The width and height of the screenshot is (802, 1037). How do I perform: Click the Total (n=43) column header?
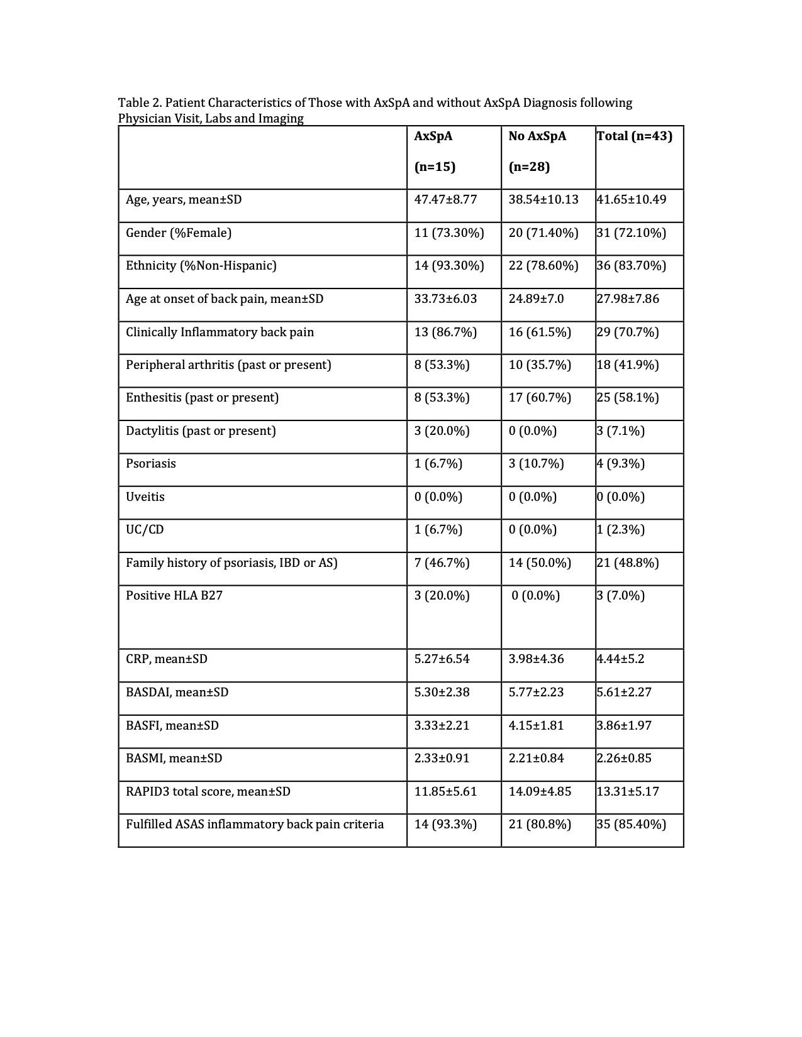pyautogui.click(x=635, y=136)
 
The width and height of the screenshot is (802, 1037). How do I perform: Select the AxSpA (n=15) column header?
pyautogui.click(x=434, y=151)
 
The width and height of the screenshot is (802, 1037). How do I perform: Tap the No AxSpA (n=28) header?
pyautogui.click(x=537, y=151)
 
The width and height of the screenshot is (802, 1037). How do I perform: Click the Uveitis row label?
pyautogui.click(x=145, y=497)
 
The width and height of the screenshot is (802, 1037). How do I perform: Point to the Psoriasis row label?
pyautogui.click(x=151, y=464)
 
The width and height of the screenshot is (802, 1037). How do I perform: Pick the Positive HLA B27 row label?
pyautogui.click(x=174, y=596)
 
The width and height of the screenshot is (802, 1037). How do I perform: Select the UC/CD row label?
pyautogui.click(x=145, y=530)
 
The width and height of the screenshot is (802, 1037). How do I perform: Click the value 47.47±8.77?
pyautogui.click(x=445, y=200)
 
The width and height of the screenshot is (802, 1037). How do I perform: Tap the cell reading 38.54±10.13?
pyautogui.click(x=543, y=200)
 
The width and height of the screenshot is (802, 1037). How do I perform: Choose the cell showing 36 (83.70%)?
pyautogui.click(x=631, y=266)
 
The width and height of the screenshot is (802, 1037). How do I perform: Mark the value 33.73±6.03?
pyautogui.click(x=445, y=299)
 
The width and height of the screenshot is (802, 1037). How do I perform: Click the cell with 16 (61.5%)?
pyautogui.click(x=540, y=332)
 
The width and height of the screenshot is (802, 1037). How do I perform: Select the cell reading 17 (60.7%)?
pyautogui.click(x=540, y=398)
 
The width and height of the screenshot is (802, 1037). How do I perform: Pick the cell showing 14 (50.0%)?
pyautogui.click(x=540, y=563)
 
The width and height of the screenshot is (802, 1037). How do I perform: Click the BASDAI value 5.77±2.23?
pyautogui.click(x=536, y=693)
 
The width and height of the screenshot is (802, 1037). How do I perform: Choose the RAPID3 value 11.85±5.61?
pyautogui.click(x=445, y=792)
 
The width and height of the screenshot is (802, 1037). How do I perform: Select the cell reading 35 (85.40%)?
pyautogui.click(x=631, y=825)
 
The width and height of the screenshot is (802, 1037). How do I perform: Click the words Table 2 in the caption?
pyautogui.click(x=139, y=103)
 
